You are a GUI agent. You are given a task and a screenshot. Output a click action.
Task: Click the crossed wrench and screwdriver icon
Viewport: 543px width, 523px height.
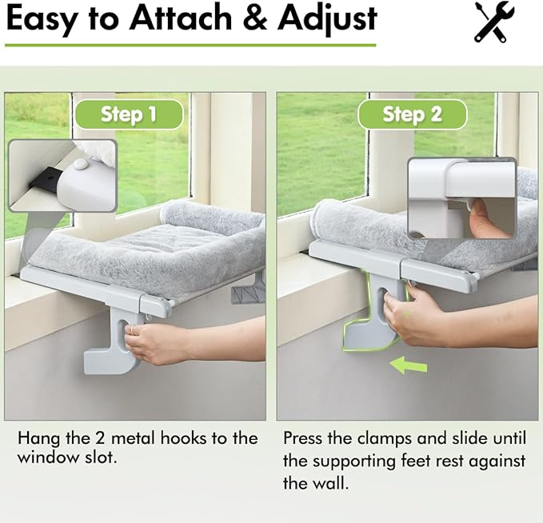pyautogui.click(x=493, y=22)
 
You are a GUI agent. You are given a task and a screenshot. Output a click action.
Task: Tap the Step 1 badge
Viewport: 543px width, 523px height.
pyautogui.click(x=128, y=114)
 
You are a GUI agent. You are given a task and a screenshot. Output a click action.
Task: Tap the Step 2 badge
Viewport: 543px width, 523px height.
pyautogui.click(x=411, y=114)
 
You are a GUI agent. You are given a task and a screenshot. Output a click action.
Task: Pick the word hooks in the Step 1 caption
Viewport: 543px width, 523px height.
pyautogui.click(x=178, y=438)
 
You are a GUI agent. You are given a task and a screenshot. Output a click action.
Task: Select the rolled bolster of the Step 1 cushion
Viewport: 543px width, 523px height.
pyautogui.click(x=211, y=217)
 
